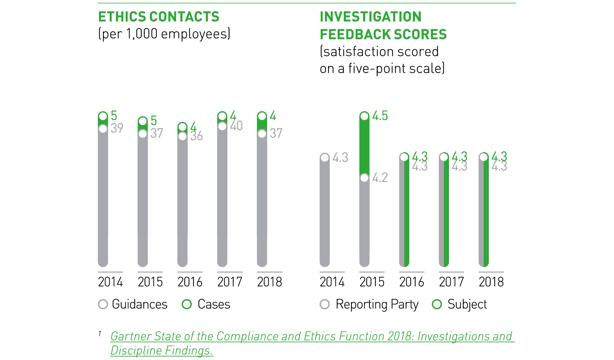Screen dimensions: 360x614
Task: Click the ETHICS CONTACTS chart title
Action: click(159, 17)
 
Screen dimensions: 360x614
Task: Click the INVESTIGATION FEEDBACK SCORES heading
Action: click(383, 26)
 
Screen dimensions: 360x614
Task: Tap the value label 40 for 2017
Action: click(236, 126)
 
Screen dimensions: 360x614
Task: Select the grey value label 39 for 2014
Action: click(117, 128)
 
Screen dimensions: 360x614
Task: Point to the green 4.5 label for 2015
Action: click(380, 116)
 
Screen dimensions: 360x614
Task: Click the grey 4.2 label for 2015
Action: click(380, 178)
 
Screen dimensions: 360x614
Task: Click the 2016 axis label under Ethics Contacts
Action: click(190, 282)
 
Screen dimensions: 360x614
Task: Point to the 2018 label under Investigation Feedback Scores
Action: click(491, 282)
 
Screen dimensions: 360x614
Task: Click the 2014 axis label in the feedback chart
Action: click(332, 282)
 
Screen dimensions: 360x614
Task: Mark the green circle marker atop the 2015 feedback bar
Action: click(364, 116)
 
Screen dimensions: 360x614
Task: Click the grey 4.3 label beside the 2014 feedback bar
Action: click(340, 158)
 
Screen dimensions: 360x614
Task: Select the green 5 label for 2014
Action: click(114, 115)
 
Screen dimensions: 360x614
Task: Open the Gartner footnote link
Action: click(311, 337)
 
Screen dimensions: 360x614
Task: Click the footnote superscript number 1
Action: click(100, 334)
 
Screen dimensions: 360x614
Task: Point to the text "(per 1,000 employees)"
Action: click(164, 34)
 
